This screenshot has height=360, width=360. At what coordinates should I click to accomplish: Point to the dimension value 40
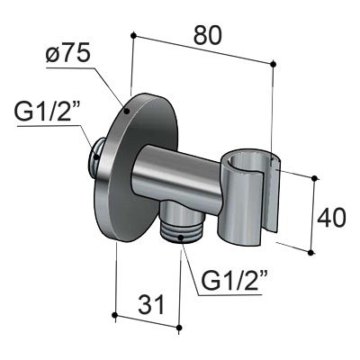coord(333,216)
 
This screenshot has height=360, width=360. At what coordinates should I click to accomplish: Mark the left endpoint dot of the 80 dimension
coord(133,35)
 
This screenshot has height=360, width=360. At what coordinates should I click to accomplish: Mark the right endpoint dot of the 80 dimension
coord(273,62)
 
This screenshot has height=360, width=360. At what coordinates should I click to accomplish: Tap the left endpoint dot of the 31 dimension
coord(115,315)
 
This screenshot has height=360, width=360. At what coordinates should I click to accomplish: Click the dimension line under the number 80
coord(202,49)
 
